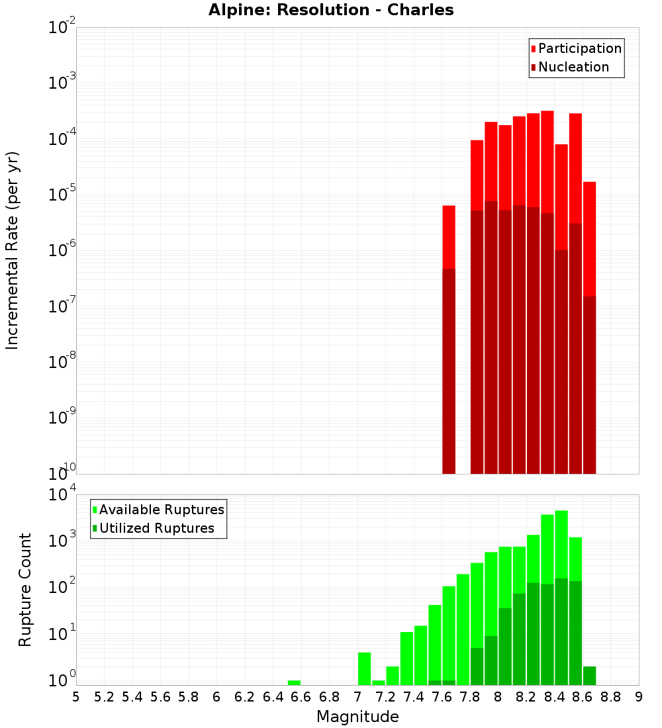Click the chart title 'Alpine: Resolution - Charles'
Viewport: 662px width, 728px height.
click(x=331, y=10)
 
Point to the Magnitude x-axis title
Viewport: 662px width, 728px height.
click(x=357, y=717)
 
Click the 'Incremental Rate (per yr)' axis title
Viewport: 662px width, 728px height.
click(x=13, y=250)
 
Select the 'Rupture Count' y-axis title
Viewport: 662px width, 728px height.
click(x=25, y=589)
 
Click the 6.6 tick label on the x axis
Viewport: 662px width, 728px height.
click(x=301, y=697)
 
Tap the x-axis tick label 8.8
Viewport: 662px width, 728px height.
click(x=610, y=697)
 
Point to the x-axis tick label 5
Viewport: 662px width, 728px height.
click(x=76, y=697)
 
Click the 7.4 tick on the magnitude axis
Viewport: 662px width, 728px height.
click(x=414, y=697)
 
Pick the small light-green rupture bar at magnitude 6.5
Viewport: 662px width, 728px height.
click(x=294, y=682)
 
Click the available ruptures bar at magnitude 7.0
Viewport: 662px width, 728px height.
click(x=364, y=668)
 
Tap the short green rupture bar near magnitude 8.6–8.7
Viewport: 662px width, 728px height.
click(x=589, y=676)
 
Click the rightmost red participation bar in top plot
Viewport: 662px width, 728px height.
click(x=589, y=238)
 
